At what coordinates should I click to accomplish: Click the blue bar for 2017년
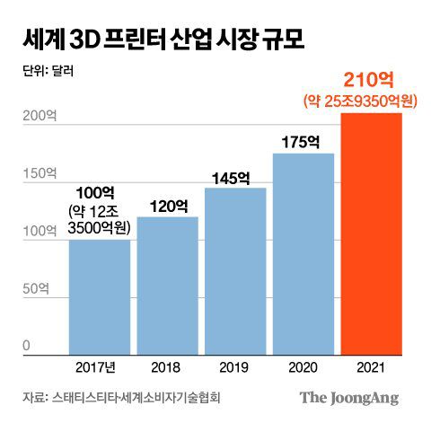(99, 296)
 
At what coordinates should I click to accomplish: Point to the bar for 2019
(235, 269)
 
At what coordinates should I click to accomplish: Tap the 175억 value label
(303, 142)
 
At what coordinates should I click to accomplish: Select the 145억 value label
(235, 177)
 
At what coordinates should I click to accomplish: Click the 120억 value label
(167, 206)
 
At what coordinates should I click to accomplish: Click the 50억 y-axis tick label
(33, 289)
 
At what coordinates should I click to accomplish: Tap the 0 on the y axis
(27, 346)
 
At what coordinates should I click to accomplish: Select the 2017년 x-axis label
(99, 366)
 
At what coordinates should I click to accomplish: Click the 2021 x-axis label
(371, 366)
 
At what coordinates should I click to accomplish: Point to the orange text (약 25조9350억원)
(371, 103)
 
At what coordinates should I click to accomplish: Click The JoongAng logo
(349, 397)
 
